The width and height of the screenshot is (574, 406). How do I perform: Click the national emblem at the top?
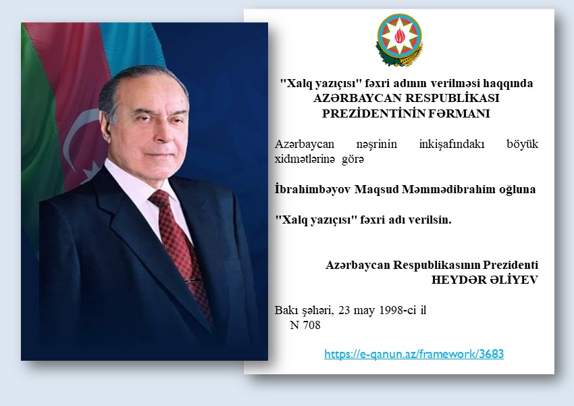coord(399,40)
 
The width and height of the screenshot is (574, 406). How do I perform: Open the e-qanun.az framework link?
coord(414,354)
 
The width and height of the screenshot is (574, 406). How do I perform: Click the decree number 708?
coord(305,325)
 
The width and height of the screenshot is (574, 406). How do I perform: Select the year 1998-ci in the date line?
coord(398,311)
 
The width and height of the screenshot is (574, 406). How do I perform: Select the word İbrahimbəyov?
coord(313,189)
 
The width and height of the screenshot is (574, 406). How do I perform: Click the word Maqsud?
coord(376,189)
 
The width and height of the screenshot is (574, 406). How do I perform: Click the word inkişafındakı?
coord(452,144)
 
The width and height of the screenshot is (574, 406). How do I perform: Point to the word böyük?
coord(523,144)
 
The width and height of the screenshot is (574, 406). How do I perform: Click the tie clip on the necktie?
coord(192,281)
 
